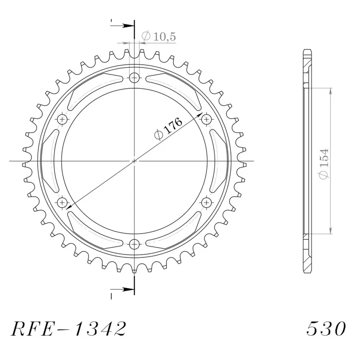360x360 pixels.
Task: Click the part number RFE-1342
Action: point(68,328)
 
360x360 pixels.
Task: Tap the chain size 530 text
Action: point(326,328)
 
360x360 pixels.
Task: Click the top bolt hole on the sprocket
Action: point(134,77)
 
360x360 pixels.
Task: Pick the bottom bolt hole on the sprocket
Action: point(134,244)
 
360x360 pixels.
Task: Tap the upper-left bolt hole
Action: point(62,119)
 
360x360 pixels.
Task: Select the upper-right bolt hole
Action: point(207,119)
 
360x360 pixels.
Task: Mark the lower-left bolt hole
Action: point(62,202)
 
